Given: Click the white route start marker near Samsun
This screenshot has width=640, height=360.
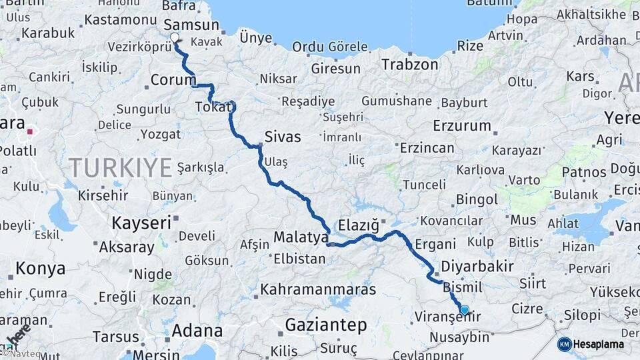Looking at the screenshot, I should (x=175, y=38).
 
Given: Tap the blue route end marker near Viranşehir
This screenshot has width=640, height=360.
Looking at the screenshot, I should (x=465, y=309).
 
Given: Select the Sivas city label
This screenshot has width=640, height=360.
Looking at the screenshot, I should (x=283, y=137).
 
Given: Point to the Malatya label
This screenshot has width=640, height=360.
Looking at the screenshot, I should (x=301, y=237).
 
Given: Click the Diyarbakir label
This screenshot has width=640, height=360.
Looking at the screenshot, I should (x=477, y=267).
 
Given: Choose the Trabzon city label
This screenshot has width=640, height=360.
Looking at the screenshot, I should (x=410, y=65).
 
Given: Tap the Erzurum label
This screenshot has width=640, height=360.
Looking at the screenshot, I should (x=461, y=125).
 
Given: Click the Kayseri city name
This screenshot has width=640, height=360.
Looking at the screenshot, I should (x=141, y=223).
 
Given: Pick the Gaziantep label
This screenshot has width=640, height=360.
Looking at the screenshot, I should (x=326, y=325).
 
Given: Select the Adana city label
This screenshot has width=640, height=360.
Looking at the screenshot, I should (x=197, y=331).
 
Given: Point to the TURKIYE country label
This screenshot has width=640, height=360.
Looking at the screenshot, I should (x=121, y=167).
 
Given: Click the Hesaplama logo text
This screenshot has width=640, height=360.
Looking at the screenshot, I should (x=599, y=345).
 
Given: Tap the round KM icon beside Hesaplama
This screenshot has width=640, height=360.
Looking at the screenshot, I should (x=565, y=345).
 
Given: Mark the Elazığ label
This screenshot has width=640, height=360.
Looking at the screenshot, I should (x=358, y=224).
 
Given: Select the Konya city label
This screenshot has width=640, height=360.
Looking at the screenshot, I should (x=41, y=269).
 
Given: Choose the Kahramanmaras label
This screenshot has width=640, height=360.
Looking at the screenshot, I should (x=318, y=290).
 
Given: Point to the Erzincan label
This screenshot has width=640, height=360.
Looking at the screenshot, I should (x=427, y=147).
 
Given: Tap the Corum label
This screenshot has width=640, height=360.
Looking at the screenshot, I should (x=173, y=80).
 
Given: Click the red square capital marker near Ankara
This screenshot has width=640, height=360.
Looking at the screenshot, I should (x=30, y=131).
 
